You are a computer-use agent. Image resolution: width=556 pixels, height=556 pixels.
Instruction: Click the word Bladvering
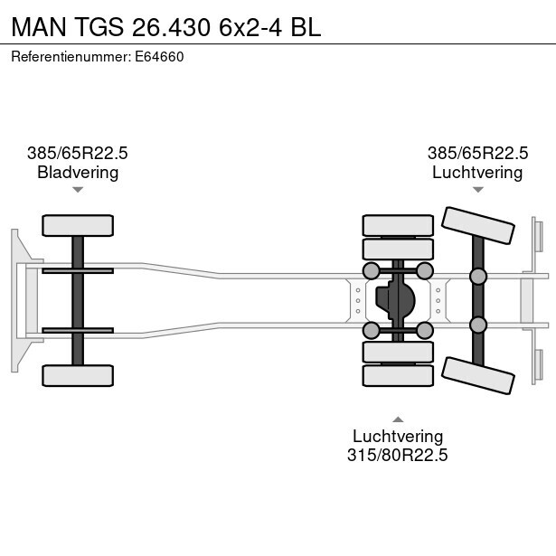point(78,173)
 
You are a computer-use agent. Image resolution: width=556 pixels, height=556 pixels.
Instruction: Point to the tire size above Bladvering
point(78,154)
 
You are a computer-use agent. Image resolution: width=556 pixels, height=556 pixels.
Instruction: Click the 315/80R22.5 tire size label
point(398,455)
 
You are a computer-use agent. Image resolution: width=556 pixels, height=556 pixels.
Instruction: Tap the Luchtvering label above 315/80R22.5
point(398,436)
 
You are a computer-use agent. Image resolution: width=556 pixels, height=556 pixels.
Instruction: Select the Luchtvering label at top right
point(477,173)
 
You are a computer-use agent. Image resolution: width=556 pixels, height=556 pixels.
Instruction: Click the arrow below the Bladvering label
point(78,190)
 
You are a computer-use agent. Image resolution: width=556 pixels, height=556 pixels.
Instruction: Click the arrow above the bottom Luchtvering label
point(398,419)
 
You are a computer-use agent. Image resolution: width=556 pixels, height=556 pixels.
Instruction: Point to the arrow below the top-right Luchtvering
point(477,190)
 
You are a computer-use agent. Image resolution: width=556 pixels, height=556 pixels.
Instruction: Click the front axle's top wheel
point(78,225)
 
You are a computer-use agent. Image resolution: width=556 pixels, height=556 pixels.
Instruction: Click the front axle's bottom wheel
point(78,375)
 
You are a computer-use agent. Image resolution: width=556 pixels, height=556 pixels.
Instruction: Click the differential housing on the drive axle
point(399,299)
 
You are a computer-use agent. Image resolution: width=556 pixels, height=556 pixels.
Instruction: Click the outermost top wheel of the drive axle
point(398,225)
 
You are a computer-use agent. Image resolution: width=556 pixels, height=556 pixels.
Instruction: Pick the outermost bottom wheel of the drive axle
point(398,375)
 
